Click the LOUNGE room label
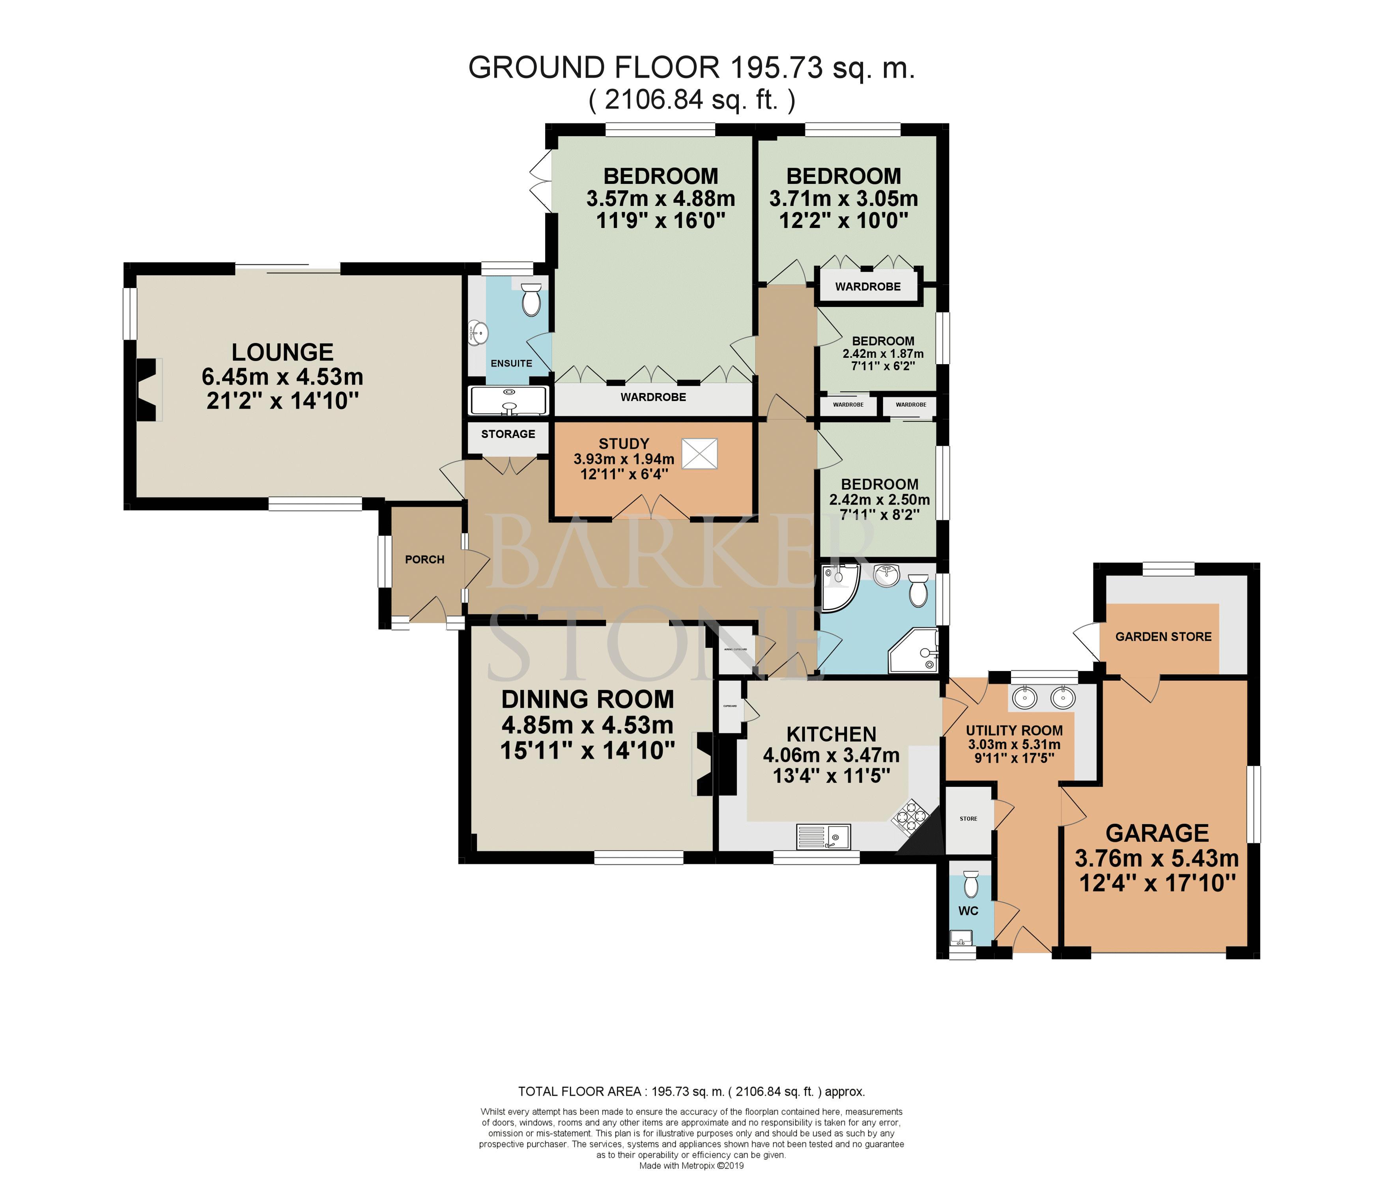(282, 352)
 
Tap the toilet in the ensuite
(531, 300)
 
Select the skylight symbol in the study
(699, 454)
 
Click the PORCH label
(424, 559)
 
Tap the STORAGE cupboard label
(508, 434)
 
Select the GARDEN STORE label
(1163, 637)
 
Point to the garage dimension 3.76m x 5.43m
(1157, 858)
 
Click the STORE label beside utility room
(968, 819)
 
